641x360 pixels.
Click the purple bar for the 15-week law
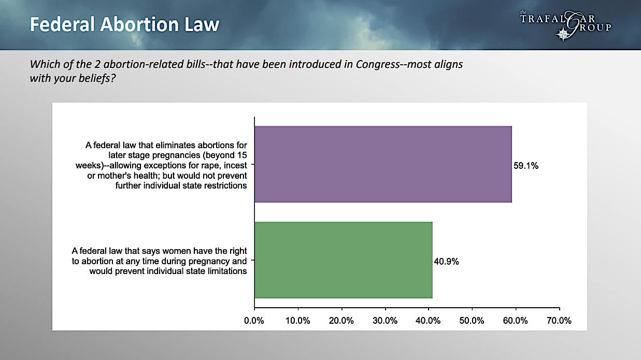click(x=383, y=164)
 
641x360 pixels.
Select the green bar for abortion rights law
click(x=344, y=260)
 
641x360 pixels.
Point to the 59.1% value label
click(x=526, y=166)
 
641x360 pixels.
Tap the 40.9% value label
click(x=446, y=262)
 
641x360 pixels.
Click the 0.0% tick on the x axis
click(x=254, y=321)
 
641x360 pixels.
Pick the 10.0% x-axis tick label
click(x=298, y=321)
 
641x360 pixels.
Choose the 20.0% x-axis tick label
click(x=341, y=321)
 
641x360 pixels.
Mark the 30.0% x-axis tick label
click(x=385, y=321)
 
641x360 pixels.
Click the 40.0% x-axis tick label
click(x=428, y=321)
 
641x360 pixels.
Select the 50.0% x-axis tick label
click(x=472, y=321)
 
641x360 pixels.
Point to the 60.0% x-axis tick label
click(x=516, y=321)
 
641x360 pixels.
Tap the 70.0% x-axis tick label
click(x=559, y=321)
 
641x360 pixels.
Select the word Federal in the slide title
click(x=62, y=24)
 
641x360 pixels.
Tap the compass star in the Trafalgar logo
click(x=563, y=34)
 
